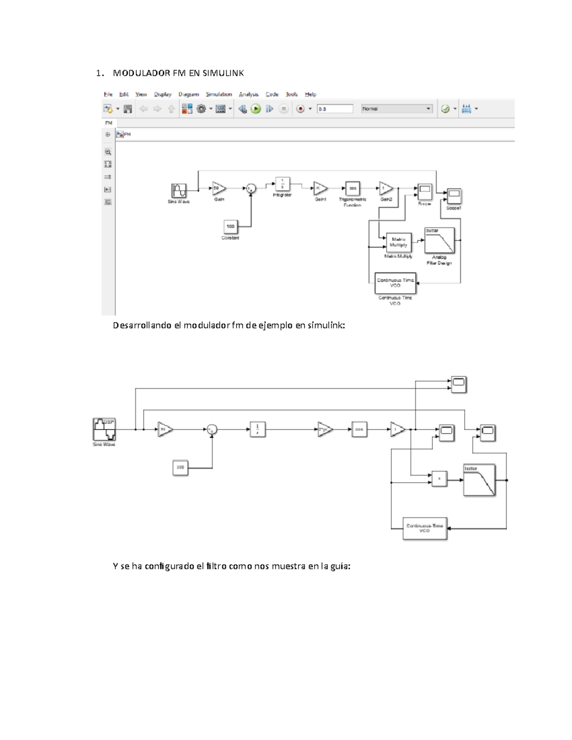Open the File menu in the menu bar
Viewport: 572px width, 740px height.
pyautogui.click(x=108, y=94)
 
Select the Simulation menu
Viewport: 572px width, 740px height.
pyautogui.click(x=219, y=94)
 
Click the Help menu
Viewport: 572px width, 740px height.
pyautogui.click(x=310, y=94)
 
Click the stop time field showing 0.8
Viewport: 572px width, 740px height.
pyautogui.click(x=335, y=109)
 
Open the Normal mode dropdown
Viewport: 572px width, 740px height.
pyautogui.click(x=397, y=109)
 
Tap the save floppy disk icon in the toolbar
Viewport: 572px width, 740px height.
pyautogui.click(x=127, y=109)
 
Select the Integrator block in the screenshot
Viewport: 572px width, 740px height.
pyautogui.click(x=282, y=184)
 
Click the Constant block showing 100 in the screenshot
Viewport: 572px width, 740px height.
pyautogui.click(x=231, y=227)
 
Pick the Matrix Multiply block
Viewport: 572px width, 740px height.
pyautogui.click(x=398, y=243)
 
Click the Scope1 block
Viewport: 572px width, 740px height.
pyautogui.click(x=454, y=196)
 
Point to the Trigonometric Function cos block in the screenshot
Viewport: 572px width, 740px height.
pyautogui.click(x=353, y=189)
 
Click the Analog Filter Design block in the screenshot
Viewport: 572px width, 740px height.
pyautogui.click(x=439, y=241)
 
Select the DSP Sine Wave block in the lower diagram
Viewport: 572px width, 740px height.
pyautogui.click(x=104, y=429)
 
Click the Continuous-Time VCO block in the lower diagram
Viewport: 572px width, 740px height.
pyautogui.click(x=425, y=528)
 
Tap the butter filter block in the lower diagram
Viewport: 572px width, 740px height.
pyautogui.click(x=479, y=480)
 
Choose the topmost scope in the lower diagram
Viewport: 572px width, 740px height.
pyautogui.click(x=459, y=384)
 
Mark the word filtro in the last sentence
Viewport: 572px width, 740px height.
pyautogui.click(x=216, y=567)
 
